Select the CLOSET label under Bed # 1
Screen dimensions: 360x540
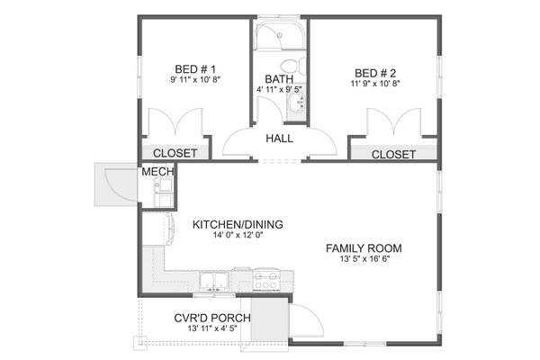(174, 154)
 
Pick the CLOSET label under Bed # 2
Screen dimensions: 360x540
(393, 154)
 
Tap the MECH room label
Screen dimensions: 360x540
(154, 171)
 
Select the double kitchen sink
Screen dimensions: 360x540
(213, 280)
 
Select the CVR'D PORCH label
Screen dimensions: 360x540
(212, 319)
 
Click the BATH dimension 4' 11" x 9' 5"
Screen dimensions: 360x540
(278, 89)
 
